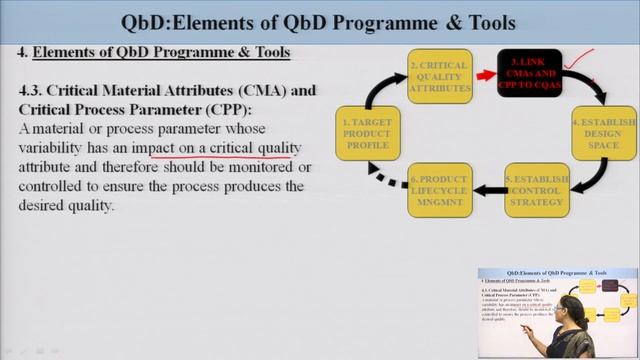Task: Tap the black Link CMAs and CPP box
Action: pos(532,73)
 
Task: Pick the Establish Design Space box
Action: pos(604,134)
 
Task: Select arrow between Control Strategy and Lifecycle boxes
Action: pos(489,190)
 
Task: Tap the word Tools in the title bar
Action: pos(487,21)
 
